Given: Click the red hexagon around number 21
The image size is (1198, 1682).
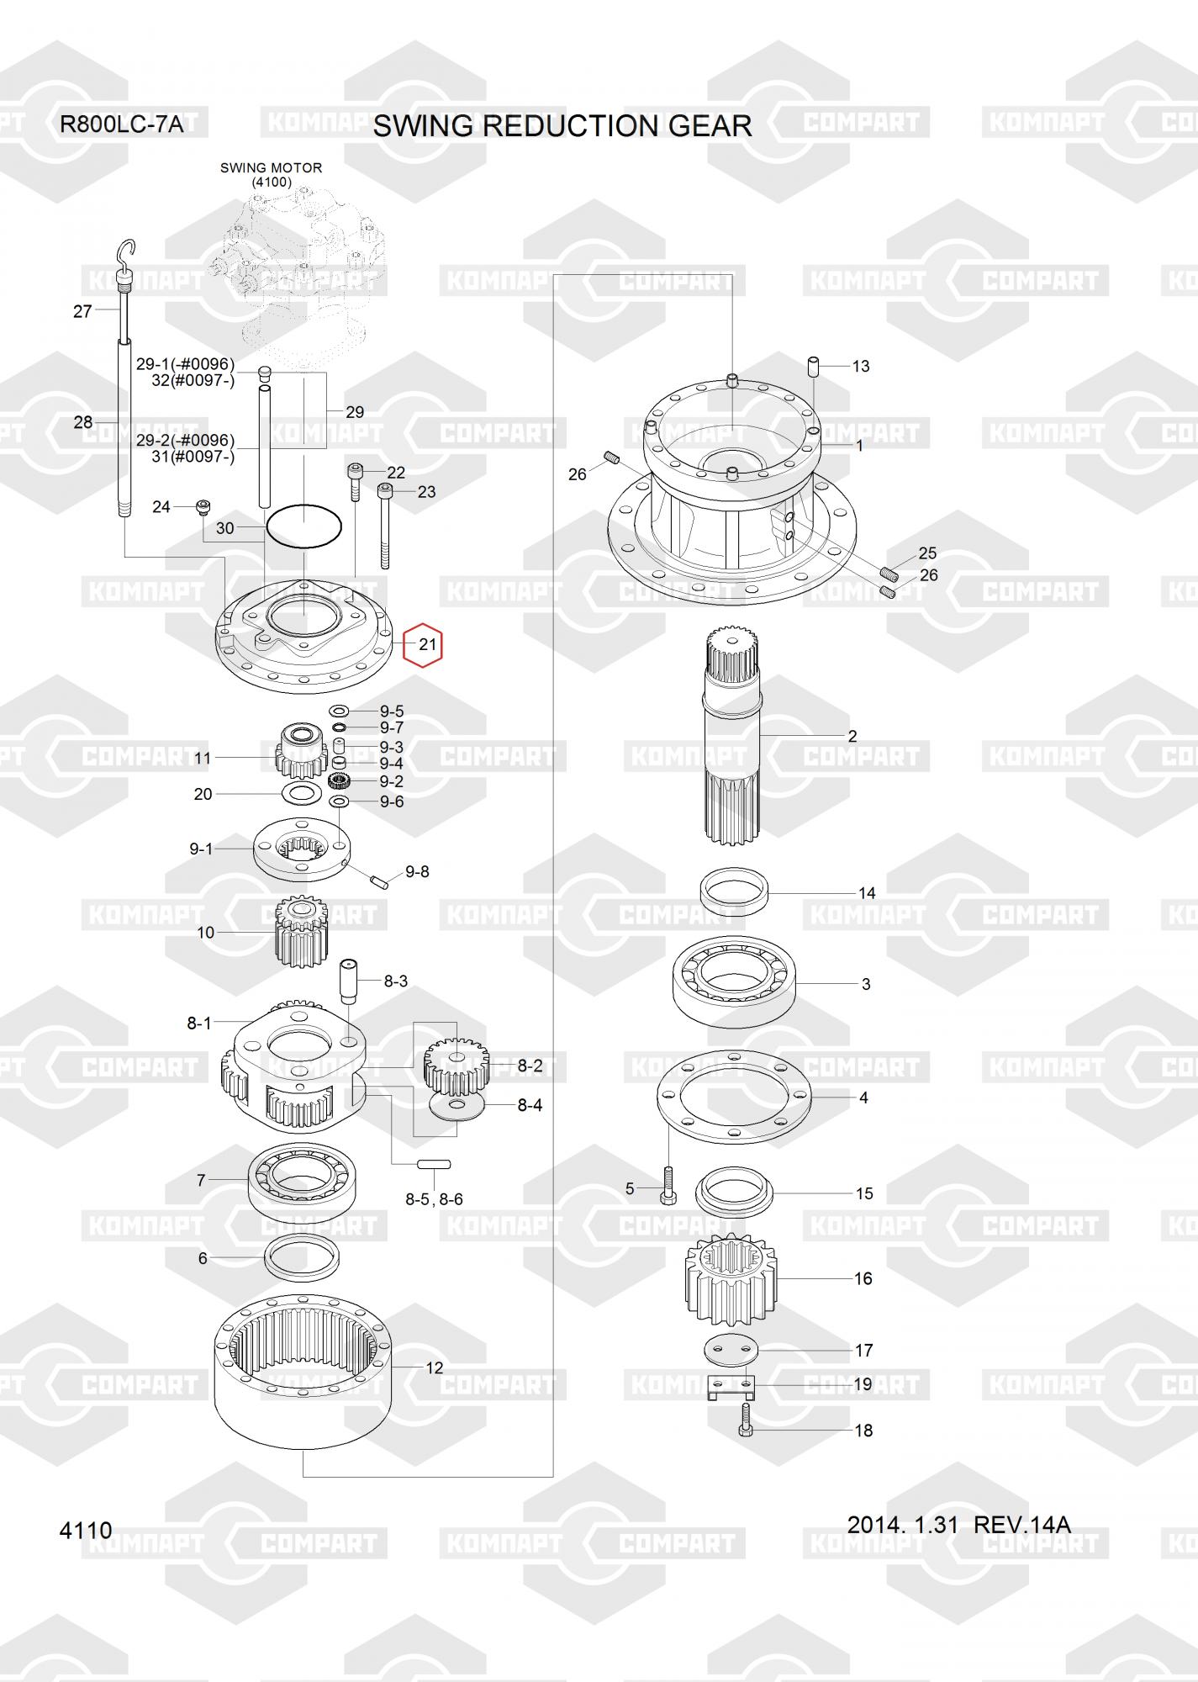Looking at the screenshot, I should coord(422,645).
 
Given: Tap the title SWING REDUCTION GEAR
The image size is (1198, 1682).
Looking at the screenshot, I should coord(562,126).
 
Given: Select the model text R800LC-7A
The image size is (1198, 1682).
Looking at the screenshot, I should coord(121,125).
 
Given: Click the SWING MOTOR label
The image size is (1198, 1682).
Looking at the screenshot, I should coord(271,168).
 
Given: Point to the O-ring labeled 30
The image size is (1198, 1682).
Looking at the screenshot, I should coord(303,526).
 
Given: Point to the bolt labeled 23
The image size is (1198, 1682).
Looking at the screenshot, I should coord(385,526).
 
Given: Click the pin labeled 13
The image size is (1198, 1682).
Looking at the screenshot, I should coord(814,367).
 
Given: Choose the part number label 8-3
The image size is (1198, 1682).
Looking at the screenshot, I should coord(395,981).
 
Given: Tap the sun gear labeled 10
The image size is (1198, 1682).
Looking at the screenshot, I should coord(300,932).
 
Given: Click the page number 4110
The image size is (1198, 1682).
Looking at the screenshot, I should coord(86,1530).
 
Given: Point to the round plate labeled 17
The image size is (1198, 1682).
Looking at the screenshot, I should coord(731,1349).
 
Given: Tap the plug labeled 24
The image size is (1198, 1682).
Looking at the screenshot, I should coord(203,506).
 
